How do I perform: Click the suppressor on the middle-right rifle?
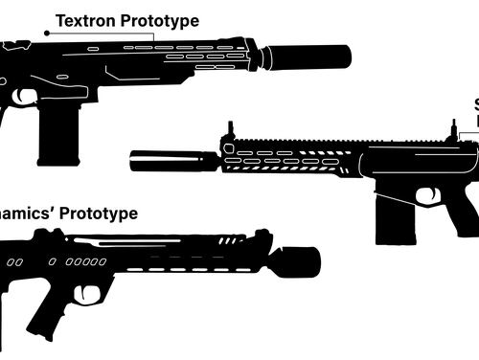tap(172, 160)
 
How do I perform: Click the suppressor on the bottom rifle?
tap(295, 260)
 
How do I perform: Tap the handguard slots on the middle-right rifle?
tap(287, 160)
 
